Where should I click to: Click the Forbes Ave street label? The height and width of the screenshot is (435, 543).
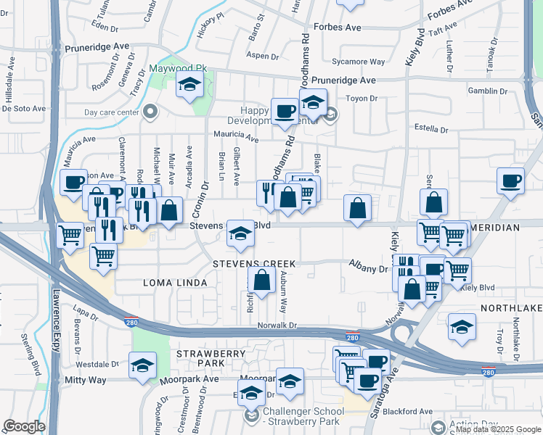coord(337,28)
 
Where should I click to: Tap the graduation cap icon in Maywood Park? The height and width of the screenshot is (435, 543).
coord(189,86)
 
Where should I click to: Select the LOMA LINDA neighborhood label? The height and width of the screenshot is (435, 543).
coord(171,281)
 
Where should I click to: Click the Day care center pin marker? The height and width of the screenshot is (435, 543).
coord(151,112)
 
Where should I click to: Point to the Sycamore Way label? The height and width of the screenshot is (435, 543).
coord(358,62)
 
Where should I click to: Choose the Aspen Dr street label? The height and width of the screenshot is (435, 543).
coord(263,56)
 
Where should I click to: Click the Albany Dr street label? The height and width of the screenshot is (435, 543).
coord(369,268)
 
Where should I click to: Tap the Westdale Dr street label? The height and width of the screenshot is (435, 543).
coord(97,364)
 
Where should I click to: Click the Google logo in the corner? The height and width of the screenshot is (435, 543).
coord(24,426)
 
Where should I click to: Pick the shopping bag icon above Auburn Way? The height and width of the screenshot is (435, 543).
coord(261,280)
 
